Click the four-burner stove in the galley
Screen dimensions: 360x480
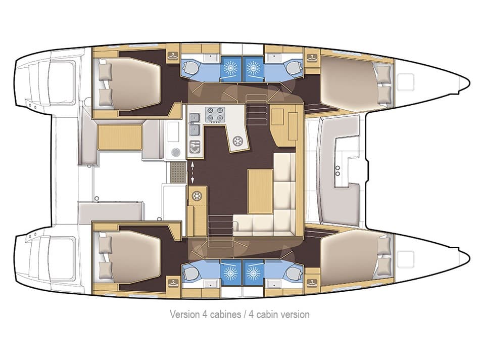pos(214,115)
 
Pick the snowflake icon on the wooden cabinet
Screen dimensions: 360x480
pos(196,196)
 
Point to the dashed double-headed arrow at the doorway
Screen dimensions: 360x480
pos(192,172)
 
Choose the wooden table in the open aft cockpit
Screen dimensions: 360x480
pos(120,138)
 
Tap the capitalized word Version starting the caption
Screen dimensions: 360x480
pos(184,314)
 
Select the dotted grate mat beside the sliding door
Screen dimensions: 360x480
pos(177,172)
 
